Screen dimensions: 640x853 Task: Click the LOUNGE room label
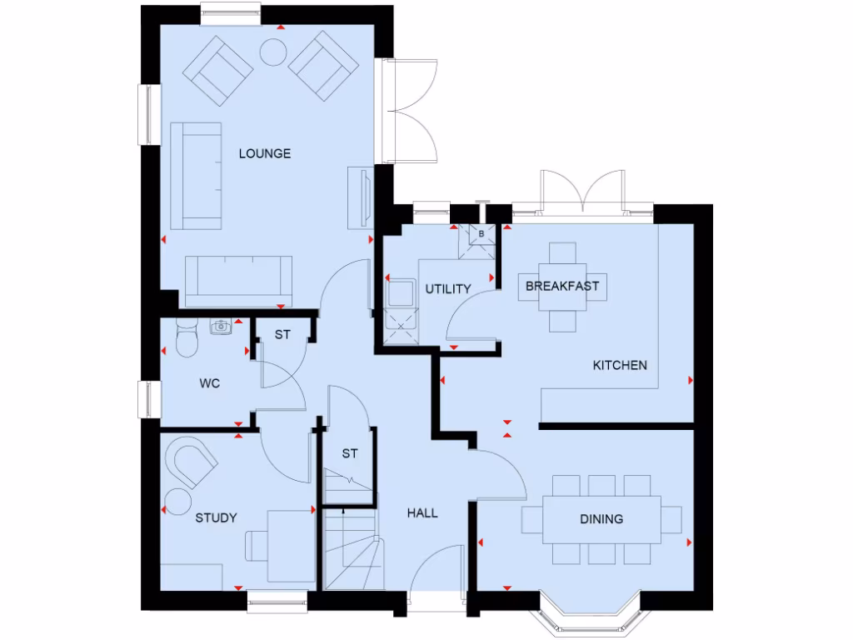(x=265, y=153)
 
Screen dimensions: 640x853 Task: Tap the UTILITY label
(x=448, y=289)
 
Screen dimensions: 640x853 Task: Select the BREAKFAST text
(x=562, y=287)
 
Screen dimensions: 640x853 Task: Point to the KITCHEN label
(x=620, y=365)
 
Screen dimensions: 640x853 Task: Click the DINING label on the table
(x=601, y=519)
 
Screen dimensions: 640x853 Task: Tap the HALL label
(x=422, y=513)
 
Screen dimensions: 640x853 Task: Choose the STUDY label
(x=216, y=517)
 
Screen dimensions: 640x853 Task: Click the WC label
(x=209, y=384)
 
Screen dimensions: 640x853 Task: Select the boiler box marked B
(x=481, y=234)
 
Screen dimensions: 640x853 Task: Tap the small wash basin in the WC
(x=222, y=327)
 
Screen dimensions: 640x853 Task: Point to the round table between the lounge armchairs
(x=273, y=52)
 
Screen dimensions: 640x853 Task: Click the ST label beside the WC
(x=283, y=335)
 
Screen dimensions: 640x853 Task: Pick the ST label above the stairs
(x=350, y=454)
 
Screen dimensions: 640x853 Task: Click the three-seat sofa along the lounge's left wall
(x=197, y=176)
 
